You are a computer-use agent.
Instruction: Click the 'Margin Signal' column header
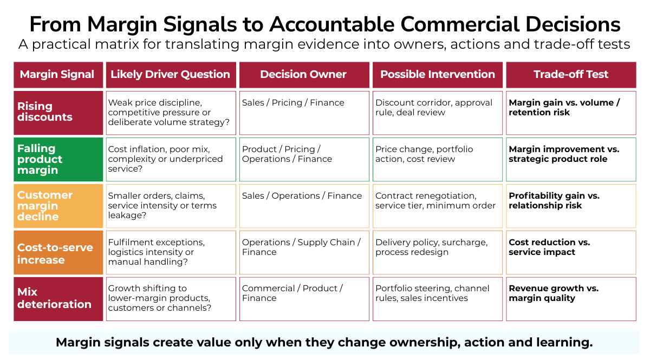pyautogui.click(x=58, y=75)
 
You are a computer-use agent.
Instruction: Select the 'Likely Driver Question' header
pyautogui.click(x=171, y=75)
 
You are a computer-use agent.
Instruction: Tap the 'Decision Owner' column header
pyautogui.click(x=304, y=75)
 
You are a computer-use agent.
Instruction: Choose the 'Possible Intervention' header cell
pyautogui.click(x=438, y=75)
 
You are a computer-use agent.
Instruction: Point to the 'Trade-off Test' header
pyautogui.click(x=571, y=75)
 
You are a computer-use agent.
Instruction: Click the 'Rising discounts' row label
pyautogui.click(x=58, y=113)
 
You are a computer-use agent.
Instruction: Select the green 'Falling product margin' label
pyautogui.click(x=58, y=159)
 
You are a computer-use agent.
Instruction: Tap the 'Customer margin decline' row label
pyautogui.click(x=58, y=206)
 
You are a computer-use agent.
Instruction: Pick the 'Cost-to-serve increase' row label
pyautogui.click(x=58, y=252)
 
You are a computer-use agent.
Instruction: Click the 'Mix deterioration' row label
pyautogui.click(x=58, y=299)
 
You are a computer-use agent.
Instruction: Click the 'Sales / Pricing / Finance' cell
pyautogui.click(x=304, y=113)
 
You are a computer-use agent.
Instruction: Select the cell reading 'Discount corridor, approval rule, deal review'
pyautogui.click(x=438, y=113)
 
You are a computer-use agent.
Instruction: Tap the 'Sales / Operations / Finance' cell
pyautogui.click(x=304, y=206)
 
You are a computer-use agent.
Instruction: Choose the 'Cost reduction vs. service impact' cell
pyautogui.click(x=571, y=252)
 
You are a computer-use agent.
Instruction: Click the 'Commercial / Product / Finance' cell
pyautogui.click(x=304, y=299)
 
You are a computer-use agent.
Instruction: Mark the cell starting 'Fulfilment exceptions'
pyautogui.click(x=171, y=252)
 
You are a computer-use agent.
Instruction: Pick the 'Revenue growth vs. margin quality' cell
pyautogui.click(x=571, y=299)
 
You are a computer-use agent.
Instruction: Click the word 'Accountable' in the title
pyautogui.click(x=331, y=24)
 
